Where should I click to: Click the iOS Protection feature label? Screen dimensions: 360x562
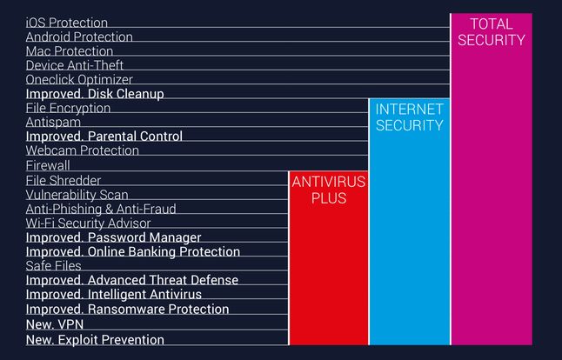(67, 23)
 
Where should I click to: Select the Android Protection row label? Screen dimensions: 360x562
(79, 37)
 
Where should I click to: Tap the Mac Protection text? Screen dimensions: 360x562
(70, 51)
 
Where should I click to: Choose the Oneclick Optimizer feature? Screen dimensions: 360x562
(80, 79)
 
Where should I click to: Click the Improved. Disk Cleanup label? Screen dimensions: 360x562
(95, 94)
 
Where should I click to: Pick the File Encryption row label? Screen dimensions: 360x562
(68, 108)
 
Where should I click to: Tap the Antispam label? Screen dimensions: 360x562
(54, 123)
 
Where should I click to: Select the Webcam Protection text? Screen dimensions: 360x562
(82, 150)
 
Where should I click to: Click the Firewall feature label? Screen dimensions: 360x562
(48, 165)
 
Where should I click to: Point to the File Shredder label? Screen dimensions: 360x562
(64, 180)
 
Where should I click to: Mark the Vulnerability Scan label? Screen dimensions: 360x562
(77, 195)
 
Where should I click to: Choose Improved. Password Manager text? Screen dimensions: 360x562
(113, 237)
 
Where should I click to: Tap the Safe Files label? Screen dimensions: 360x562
(53, 266)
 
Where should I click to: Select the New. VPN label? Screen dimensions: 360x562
(54, 323)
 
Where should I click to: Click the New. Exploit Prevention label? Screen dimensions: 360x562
(95, 339)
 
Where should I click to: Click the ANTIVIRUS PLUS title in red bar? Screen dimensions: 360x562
(329, 190)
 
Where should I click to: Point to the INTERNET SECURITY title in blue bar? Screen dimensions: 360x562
(410, 117)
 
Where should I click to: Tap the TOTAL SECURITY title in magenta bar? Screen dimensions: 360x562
(492, 31)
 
